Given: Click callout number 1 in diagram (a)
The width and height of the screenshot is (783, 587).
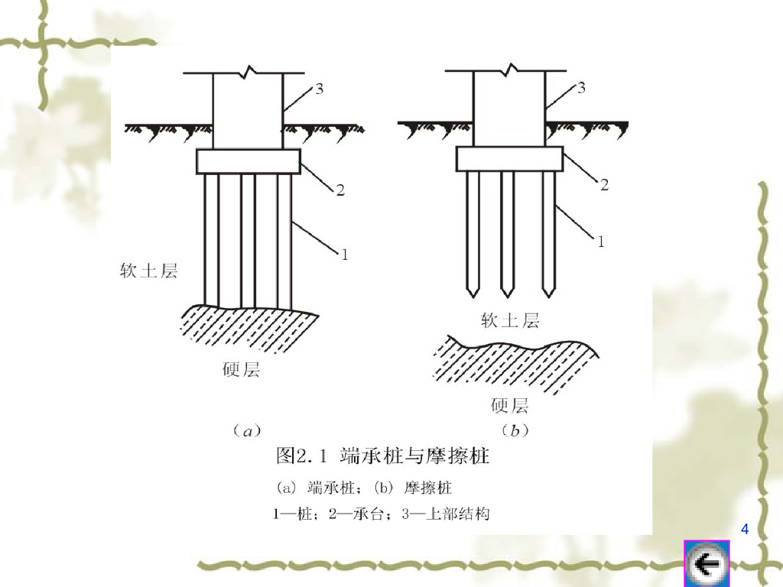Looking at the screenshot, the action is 344,255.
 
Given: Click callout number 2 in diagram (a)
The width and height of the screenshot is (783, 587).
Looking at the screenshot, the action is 340,190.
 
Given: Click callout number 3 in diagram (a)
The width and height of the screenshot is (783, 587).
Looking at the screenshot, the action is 318,89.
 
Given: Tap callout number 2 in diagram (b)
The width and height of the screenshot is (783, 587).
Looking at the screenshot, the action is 603,184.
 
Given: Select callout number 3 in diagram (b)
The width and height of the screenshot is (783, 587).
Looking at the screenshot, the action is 581,88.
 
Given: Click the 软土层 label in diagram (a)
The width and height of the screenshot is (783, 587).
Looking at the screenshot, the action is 148,271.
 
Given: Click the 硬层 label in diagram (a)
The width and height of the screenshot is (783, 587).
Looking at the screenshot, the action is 241,370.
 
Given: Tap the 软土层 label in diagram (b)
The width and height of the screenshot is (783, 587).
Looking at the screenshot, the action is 510,320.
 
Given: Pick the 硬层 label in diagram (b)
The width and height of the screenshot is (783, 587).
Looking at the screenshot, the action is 510,405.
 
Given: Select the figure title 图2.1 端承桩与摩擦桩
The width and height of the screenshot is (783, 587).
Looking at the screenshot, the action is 382,457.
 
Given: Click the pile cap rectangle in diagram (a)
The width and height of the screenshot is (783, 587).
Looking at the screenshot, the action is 249,161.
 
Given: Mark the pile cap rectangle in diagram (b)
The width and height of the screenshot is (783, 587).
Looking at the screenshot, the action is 510,158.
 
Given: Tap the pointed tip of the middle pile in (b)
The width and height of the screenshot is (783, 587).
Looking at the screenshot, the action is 507,294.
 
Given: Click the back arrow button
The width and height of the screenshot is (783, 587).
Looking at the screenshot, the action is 706,565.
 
